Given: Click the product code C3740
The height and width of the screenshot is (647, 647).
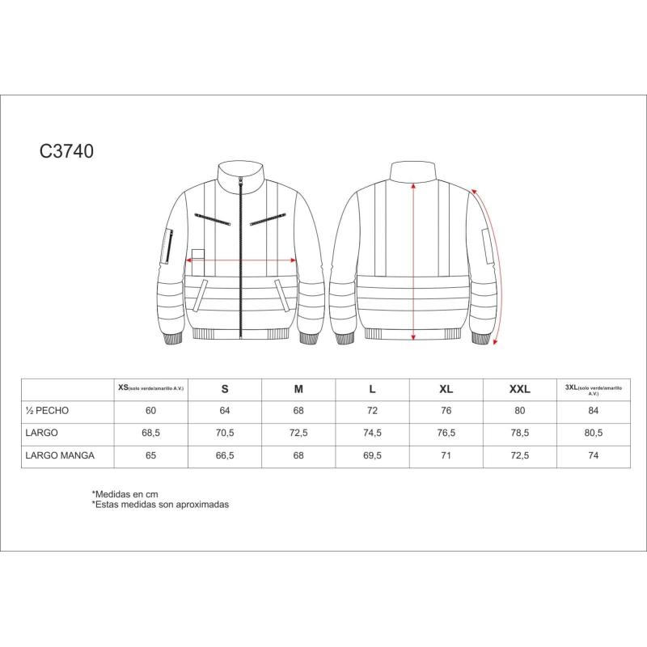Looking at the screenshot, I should click(x=68, y=151).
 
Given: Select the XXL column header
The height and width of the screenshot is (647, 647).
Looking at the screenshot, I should click(x=519, y=389).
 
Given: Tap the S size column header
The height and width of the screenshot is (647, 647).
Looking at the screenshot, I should click(x=225, y=389).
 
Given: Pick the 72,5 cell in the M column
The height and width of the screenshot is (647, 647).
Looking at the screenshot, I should click(x=298, y=433).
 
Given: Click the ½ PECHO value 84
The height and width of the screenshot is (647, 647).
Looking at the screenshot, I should click(x=593, y=411).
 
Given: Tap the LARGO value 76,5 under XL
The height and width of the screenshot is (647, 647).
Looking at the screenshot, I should click(x=446, y=433).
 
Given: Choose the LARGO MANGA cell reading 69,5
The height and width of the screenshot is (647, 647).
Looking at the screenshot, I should click(x=372, y=455).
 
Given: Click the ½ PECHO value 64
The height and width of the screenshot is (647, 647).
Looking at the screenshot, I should click(x=225, y=411).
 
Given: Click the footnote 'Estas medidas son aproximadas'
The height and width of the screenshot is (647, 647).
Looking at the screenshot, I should click(x=161, y=504).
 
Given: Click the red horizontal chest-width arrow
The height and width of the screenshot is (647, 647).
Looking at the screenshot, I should click(x=242, y=260).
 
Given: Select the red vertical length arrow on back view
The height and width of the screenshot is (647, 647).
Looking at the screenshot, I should click(x=414, y=259).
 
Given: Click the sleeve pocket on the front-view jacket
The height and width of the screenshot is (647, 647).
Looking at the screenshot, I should click(x=169, y=245).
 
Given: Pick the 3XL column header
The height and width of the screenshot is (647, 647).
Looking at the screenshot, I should click(x=593, y=389).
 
